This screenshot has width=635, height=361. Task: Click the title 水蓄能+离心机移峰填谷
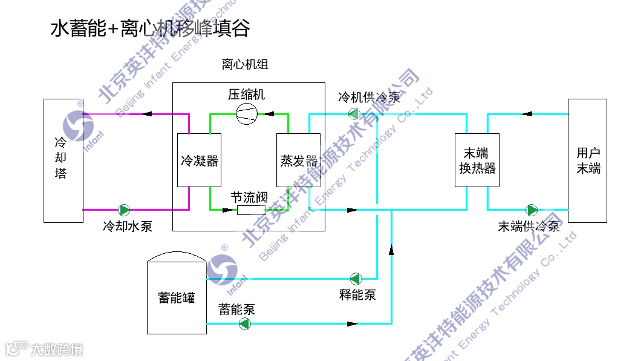point(150,28)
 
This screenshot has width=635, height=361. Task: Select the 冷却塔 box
point(63,161)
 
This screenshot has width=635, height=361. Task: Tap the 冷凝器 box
point(199,161)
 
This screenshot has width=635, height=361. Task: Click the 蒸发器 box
point(298,161)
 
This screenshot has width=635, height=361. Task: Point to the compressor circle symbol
point(247,114)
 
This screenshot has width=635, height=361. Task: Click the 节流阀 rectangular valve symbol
point(251,210)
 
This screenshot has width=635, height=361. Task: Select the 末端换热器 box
point(477,161)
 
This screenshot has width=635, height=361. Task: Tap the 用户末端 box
point(587,161)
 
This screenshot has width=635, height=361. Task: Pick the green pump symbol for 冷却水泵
point(124,210)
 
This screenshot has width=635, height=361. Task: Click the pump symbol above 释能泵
point(356,279)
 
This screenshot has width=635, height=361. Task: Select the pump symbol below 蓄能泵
point(244,323)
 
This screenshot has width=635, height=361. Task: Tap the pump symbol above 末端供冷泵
point(532,210)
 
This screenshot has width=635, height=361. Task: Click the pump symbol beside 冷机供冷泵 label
point(353,113)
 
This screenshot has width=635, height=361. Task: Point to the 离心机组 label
point(245,64)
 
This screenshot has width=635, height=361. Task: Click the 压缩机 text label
point(246,94)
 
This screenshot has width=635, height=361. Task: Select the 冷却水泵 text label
point(127,227)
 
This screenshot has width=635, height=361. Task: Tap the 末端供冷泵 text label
point(529,227)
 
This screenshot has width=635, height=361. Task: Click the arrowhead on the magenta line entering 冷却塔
point(148,113)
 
